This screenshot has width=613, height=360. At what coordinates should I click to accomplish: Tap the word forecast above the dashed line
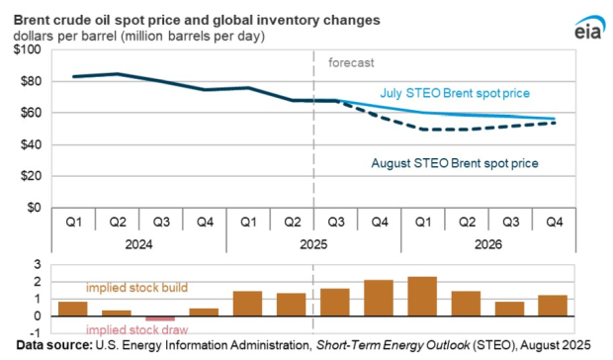(x=351, y=62)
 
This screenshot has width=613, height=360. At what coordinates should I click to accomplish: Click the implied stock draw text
(x=128, y=330)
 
